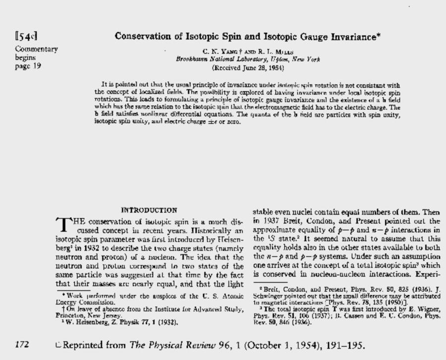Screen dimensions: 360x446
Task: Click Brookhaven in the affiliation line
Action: coord(194,59)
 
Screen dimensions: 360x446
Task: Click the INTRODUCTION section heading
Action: coord(149,210)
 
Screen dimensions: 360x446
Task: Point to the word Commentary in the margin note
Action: coord(37,49)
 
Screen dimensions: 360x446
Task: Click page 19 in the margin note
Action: coord(28,66)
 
